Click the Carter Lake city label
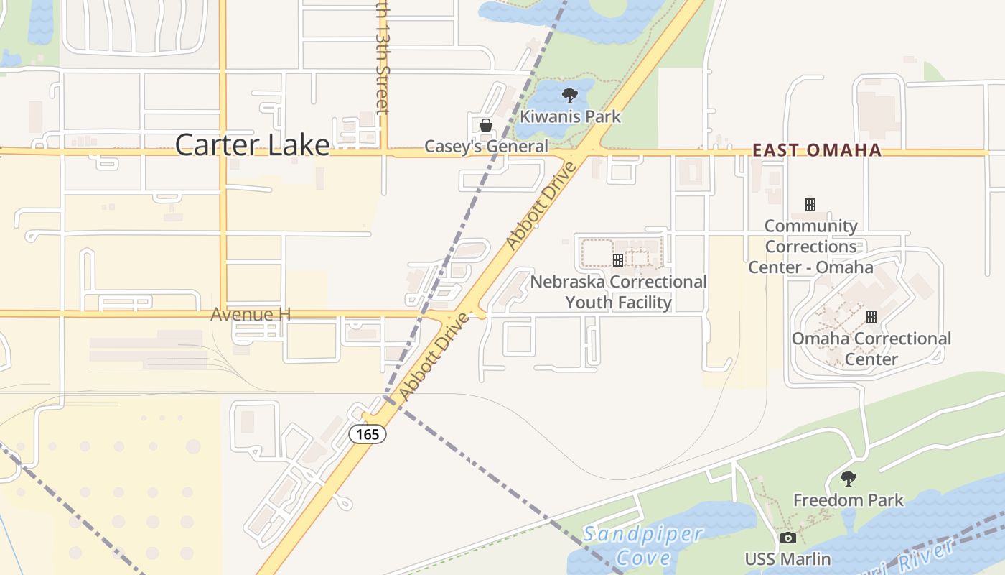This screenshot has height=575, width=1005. (x=252, y=145)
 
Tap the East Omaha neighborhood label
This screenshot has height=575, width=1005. (x=816, y=150)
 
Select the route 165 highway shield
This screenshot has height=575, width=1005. (x=368, y=434)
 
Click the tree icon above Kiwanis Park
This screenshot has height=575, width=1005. (x=570, y=96)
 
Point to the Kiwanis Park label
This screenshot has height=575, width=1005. (x=570, y=116)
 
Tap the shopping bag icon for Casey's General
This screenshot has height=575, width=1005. (x=486, y=125)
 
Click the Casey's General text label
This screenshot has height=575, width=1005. (x=486, y=147)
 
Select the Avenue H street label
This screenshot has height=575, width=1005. (x=251, y=315)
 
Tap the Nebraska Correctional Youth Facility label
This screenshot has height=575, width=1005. (x=618, y=292)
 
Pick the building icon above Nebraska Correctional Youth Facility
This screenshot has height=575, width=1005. (x=617, y=260)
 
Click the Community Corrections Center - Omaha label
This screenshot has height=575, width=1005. (x=811, y=247)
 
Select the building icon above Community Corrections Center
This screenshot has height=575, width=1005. (x=810, y=205)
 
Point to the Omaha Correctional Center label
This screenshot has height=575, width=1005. (x=871, y=349)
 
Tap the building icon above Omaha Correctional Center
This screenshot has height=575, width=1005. (x=871, y=316)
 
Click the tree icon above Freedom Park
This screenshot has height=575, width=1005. (x=849, y=479)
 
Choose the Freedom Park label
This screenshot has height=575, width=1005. (x=848, y=500)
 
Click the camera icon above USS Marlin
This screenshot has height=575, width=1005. (x=787, y=538)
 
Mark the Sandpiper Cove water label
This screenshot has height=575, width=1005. (x=642, y=546)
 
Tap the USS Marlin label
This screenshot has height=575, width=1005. (x=787, y=559)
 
